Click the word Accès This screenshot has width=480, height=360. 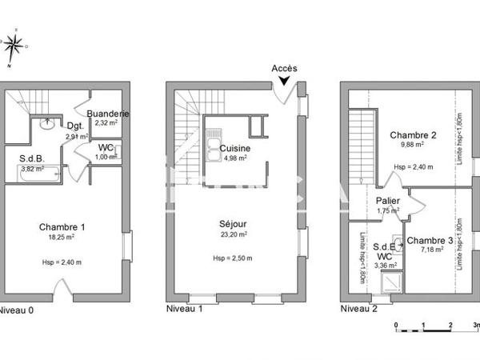coord(284,69)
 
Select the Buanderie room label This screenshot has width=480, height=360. coord(107,114)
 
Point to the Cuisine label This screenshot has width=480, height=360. coord(235,148)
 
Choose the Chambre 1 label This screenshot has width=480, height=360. coord(62,226)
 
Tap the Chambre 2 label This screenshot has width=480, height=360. coord(413,135)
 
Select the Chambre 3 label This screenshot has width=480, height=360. coord(430,241)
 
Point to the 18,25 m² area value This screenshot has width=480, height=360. coord(62,237)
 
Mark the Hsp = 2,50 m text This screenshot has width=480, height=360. coord(233,258)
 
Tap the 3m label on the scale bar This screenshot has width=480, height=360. coord(475,326)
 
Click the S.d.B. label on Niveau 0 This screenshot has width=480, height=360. coord(33,158)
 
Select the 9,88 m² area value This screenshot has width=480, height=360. coord(413,146)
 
